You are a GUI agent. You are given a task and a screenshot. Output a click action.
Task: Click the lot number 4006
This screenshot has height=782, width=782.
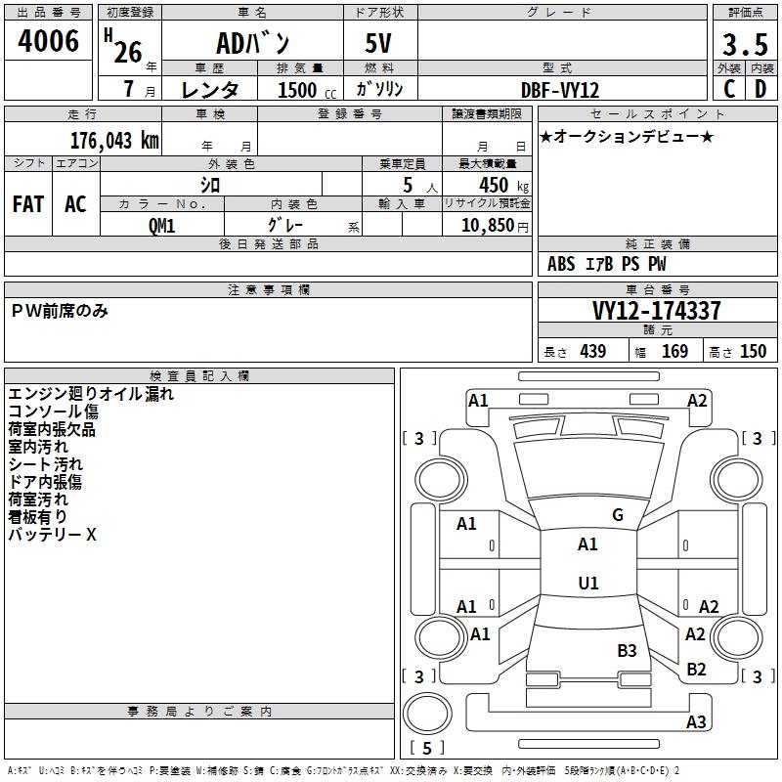point(48,41)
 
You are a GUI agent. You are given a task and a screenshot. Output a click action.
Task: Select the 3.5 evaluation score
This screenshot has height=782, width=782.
point(745,44)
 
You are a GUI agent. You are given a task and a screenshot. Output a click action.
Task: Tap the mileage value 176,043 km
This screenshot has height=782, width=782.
point(114,141)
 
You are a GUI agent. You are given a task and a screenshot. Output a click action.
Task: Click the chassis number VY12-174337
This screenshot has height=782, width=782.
point(656,311)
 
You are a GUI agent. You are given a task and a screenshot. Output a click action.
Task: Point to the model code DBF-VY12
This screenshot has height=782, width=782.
point(559,90)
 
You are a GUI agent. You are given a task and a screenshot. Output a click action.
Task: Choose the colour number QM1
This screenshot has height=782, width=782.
point(161,226)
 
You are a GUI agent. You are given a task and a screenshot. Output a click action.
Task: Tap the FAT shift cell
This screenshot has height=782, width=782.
point(28,204)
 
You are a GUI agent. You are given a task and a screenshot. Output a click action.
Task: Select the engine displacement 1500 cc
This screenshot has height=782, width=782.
point(307,90)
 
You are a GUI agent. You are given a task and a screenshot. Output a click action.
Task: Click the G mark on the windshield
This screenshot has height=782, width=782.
point(618,515)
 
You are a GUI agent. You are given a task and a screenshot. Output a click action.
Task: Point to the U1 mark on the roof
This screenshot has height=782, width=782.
point(588,583)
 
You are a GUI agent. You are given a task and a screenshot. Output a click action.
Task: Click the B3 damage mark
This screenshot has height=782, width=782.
point(627,650)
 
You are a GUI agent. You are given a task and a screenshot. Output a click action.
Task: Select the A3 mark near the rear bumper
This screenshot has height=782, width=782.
point(696,721)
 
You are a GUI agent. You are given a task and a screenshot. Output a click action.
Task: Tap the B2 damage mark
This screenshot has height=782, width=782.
point(696,670)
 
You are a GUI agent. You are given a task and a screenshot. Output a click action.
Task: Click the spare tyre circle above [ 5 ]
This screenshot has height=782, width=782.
point(427,714)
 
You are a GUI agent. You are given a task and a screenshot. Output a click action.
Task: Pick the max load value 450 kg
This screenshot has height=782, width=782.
point(503,186)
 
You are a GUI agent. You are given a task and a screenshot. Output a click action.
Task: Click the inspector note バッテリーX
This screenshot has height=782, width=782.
point(52,535)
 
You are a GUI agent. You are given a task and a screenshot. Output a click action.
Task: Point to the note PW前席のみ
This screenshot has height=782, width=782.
point(60,311)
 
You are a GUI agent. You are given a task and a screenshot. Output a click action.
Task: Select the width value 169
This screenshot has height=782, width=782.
point(674,352)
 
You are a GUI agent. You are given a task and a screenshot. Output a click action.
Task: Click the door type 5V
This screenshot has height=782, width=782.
point(378,43)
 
